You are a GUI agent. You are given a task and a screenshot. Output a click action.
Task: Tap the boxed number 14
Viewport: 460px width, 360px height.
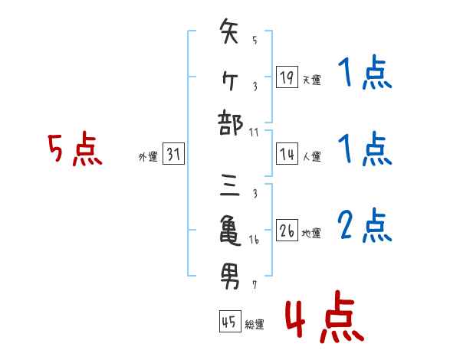(286, 154)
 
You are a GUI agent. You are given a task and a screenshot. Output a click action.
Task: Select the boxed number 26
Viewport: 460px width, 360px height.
(286, 231)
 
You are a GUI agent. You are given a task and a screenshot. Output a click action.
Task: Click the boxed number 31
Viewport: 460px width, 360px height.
(173, 155)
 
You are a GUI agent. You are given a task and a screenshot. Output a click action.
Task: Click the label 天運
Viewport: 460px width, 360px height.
(311, 79)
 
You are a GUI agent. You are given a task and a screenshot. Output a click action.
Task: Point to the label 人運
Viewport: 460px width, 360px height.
(311, 157)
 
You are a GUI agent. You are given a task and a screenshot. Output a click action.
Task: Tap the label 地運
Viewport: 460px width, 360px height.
(311, 234)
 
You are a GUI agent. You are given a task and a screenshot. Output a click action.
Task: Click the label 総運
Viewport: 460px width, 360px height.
(255, 325)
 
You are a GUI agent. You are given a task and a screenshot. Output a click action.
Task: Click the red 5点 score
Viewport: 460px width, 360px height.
(74, 150)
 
